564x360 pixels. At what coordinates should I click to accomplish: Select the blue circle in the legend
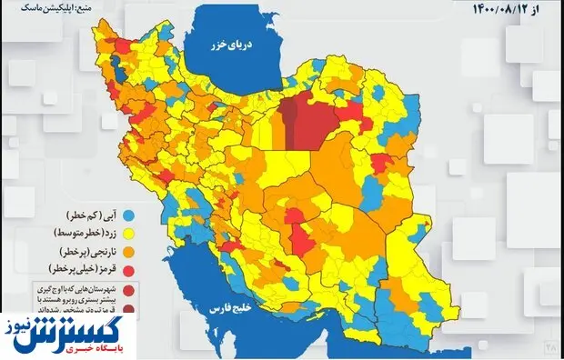click(128, 215)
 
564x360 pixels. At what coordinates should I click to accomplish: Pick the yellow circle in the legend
click(128, 233)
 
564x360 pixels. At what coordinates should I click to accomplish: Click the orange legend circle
click(128, 251)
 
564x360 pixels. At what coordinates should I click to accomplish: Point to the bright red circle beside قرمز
click(128, 269)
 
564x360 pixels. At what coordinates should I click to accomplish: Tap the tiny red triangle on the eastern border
click(425, 221)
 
